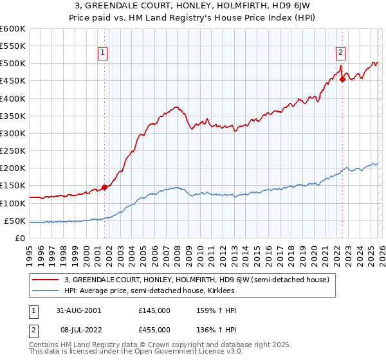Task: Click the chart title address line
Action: (x=193, y=6)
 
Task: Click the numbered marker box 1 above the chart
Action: (x=104, y=53)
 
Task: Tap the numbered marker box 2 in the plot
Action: (x=340, y=53)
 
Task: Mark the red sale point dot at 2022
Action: (x=342, y=79)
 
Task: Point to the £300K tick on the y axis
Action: (x=13, y=133)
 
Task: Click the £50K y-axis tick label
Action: (x=15, y=221)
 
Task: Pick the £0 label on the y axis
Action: (x=20, y=238)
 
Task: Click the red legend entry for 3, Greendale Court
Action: (x=197, y=280)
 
